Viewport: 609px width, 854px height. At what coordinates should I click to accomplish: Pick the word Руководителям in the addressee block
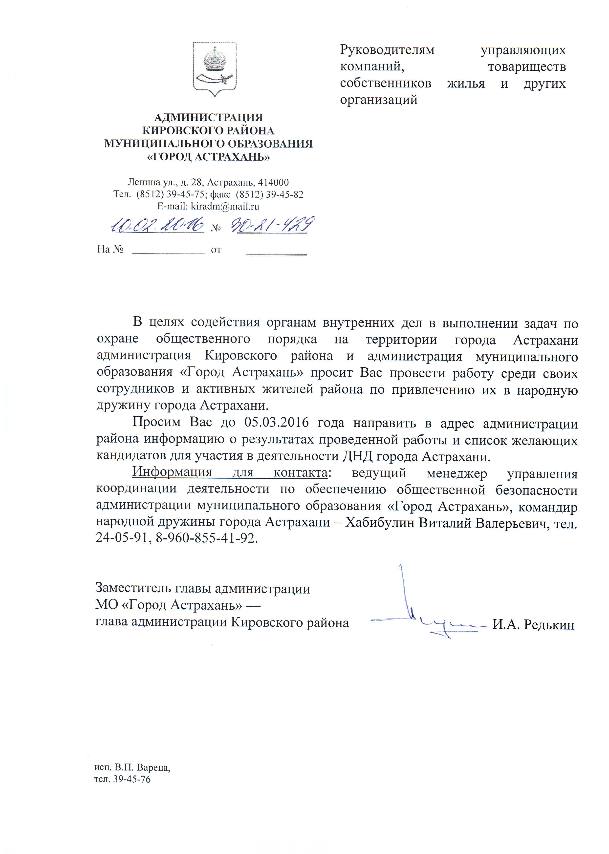pyautogui.click(x=387, y=50)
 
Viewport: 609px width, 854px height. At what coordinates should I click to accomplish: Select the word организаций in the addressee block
pyautogui.click(x=378, y=100)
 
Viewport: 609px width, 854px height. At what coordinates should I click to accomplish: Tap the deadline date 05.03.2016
pyautogui.click(x=276, y=423)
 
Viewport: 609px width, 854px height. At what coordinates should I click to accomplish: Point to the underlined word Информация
pyautogui.click(x=172, y=472)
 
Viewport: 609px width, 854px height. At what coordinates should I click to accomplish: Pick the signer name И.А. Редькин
pyautogui.click(x=533, y=625)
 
